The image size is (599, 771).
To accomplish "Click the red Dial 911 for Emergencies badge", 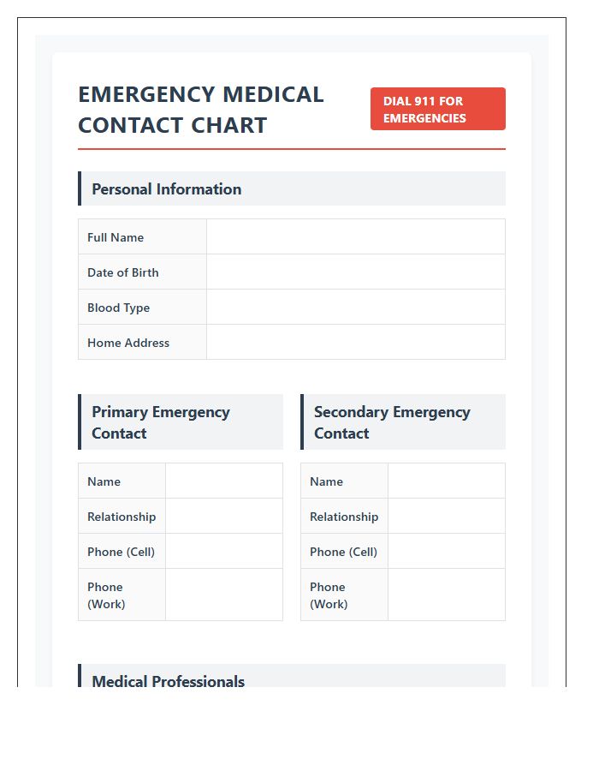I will point(437,109).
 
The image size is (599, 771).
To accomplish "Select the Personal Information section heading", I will point(167,189).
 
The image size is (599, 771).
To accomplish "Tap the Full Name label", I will point(116,237).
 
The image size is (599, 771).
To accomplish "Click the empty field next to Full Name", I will point(355,237).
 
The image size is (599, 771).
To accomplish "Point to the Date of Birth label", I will point(123,272).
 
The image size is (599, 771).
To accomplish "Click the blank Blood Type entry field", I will point(355,308).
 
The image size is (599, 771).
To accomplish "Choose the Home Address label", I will point(128,343).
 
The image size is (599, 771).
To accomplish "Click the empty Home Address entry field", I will point(355,343).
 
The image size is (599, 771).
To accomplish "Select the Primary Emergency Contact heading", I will point(161,422).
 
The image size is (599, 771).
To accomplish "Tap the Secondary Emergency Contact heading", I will point(392,422).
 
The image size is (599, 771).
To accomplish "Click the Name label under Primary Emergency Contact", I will point(104,481).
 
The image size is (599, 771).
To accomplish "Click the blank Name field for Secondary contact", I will point(446,481).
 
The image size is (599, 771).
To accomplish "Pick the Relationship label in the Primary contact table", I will point(122,517).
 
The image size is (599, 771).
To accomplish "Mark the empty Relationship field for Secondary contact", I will point(446,517).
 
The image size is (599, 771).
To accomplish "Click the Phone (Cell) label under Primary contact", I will point(121,552).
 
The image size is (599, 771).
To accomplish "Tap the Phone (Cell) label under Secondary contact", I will point(343,552).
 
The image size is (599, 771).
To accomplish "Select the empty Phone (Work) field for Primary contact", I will point(223,595).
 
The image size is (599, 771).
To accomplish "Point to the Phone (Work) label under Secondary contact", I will point(329,595).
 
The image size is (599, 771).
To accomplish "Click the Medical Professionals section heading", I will point(169,681).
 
